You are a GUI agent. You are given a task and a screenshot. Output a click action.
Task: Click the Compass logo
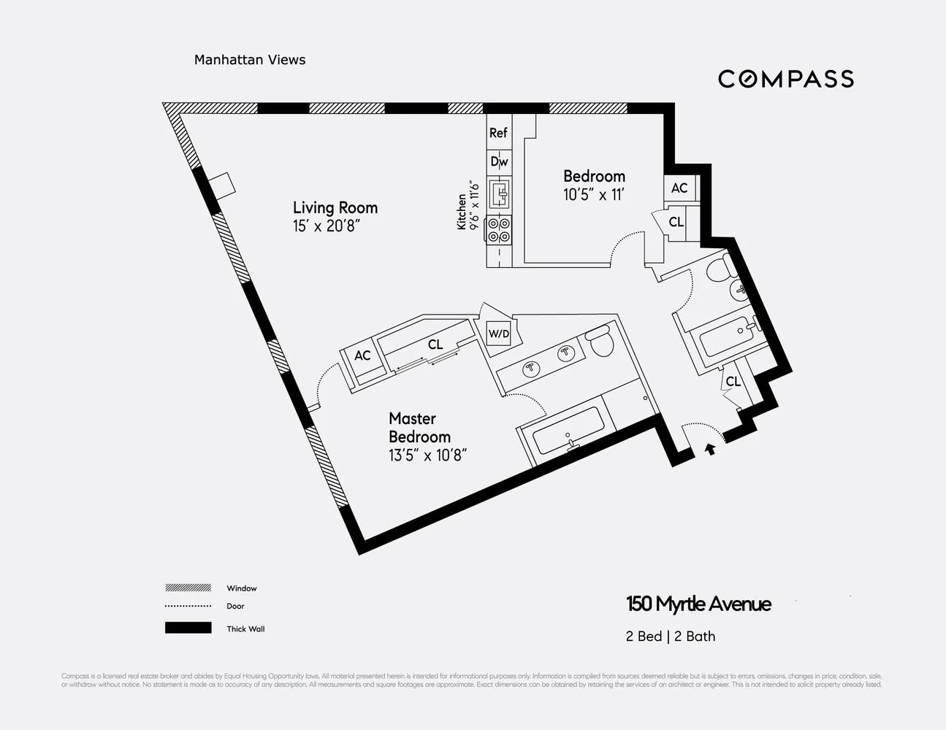[x=785, y=79]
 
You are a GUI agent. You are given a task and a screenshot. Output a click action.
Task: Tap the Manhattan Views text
[x=250, y=60]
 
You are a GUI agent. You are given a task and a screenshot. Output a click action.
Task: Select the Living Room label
[x=335, y=207]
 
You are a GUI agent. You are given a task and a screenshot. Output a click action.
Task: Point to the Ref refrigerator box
[x=498, y=133]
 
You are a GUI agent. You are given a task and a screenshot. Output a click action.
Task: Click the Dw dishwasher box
[x=499, y=161]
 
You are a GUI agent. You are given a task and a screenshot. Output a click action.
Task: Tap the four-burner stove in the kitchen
[x=500, y=230]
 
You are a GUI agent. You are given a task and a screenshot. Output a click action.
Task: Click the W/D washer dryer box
[x=499, y=334]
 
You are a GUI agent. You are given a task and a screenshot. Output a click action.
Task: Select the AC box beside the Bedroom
[x=679, y=188]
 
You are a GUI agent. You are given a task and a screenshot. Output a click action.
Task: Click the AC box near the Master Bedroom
[x=362, y=356]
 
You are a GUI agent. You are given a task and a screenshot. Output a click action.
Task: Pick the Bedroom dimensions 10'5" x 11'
[x=594, y=195]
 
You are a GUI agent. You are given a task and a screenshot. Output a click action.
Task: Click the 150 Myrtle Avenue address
[x=698, y=604]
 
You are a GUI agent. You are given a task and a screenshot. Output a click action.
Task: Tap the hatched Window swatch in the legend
[x=188, y=588]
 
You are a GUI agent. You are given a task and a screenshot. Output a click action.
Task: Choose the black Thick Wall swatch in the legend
[x=188, y=628]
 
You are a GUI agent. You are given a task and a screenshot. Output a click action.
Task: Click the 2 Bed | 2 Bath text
[x=670, y=637]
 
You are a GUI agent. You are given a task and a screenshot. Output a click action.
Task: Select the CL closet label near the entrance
[x=733, y=382]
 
